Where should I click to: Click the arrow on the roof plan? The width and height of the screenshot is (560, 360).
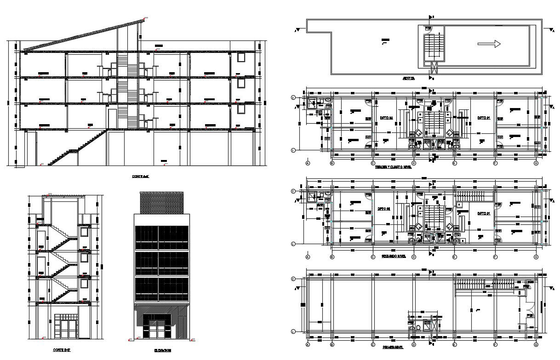point(489,44)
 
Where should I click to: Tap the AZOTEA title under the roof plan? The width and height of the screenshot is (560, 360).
point(408,79)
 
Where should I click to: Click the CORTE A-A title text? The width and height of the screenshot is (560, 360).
point(141,176)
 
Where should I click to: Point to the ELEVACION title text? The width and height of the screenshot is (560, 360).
point(162,350)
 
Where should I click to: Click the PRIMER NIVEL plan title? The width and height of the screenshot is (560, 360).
point(393,348)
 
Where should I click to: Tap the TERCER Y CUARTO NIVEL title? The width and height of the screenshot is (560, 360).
point(393,168)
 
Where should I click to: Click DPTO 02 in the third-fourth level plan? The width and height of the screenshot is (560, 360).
point(387,118)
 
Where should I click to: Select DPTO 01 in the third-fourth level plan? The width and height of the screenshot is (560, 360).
point(483,118)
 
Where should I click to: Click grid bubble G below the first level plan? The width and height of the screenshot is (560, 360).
point(536,344)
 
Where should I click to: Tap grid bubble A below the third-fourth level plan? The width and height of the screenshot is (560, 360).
point(308,163)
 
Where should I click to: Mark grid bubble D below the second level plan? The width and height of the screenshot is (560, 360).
point(414,257)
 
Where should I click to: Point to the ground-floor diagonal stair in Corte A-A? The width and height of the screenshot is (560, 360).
point(76,148)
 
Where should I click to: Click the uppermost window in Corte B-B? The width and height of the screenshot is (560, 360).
point(84,232)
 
